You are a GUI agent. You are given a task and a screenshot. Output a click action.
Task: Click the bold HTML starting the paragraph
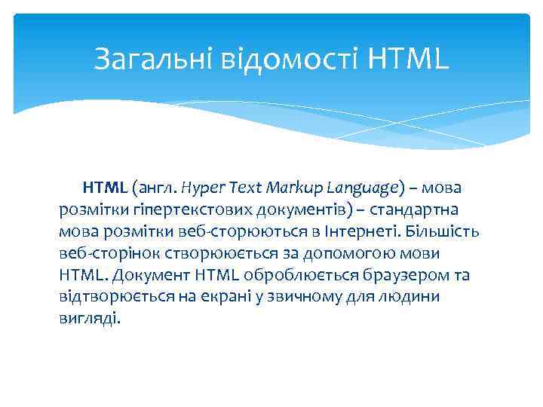[106, 186]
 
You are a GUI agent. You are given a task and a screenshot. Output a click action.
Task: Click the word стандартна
[422, 208]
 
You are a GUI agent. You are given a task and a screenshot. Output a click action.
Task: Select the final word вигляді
[88, 318]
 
